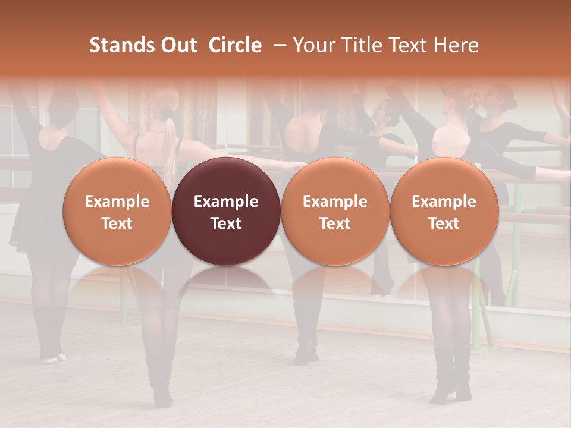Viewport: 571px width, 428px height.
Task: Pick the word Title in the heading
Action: coord(357,46)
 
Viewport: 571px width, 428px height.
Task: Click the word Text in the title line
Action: coord(404,46)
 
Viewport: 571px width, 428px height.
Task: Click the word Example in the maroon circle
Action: coord(226,202)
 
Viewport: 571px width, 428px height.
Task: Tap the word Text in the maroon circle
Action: coord(226,224)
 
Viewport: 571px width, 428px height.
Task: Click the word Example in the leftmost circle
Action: coord(117,202)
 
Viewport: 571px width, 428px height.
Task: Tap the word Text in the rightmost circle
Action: coord(444,224)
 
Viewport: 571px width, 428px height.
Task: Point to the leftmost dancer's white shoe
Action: coord(51,358)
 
